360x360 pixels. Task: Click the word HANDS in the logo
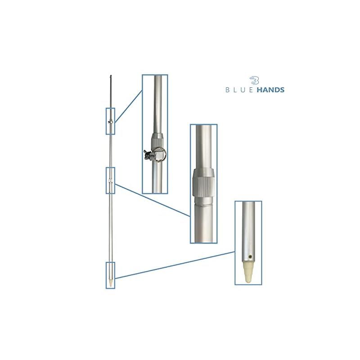(x=270, y=90)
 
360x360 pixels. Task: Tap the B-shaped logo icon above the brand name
(x=255, y=81)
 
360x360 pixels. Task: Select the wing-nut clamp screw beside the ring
(x=148, y=154)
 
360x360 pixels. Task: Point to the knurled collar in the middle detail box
(x=203, y=183)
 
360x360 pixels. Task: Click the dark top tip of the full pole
(x=111, y=76)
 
